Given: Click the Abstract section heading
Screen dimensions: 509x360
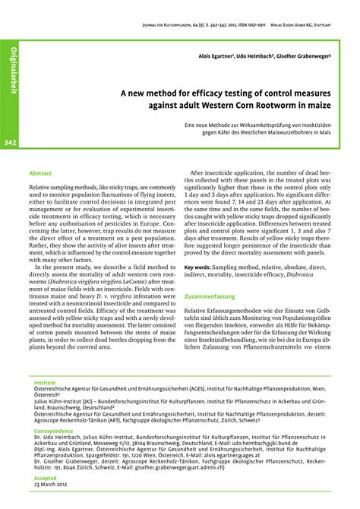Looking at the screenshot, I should [39, 172].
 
